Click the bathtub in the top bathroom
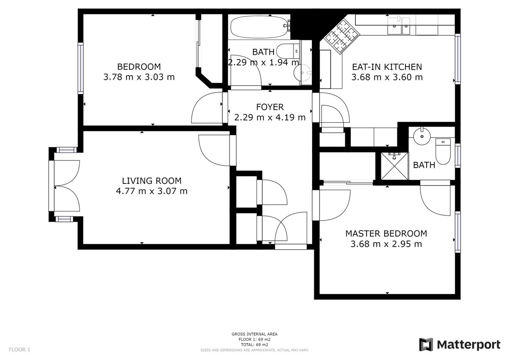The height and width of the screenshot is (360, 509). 260,27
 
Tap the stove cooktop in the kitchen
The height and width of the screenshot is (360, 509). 342,37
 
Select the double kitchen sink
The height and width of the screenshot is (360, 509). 399,26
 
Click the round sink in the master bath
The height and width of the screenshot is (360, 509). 422,136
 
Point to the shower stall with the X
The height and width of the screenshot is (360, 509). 394,166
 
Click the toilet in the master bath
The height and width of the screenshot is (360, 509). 443,152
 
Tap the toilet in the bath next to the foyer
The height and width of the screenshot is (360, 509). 288,51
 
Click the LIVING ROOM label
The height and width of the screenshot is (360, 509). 152,181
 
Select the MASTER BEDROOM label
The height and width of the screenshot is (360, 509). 386,233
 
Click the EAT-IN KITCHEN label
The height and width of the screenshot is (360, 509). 387,67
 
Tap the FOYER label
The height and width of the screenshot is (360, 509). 270,107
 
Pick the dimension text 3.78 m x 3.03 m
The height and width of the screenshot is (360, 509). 139,77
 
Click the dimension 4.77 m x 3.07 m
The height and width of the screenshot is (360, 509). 152,191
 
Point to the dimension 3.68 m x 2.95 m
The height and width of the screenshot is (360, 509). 386,244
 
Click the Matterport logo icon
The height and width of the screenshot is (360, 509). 426,345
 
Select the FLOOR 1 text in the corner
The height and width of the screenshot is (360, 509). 20,349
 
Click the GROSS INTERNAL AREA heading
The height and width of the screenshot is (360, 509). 255,334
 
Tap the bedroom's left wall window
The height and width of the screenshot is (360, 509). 81,68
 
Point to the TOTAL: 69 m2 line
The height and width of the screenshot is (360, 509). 255,345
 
